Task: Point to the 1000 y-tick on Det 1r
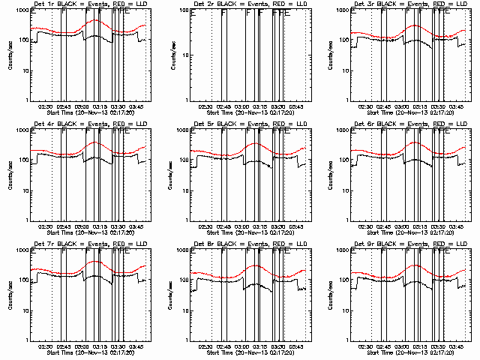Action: [22, 11]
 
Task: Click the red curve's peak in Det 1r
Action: [94, 20]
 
